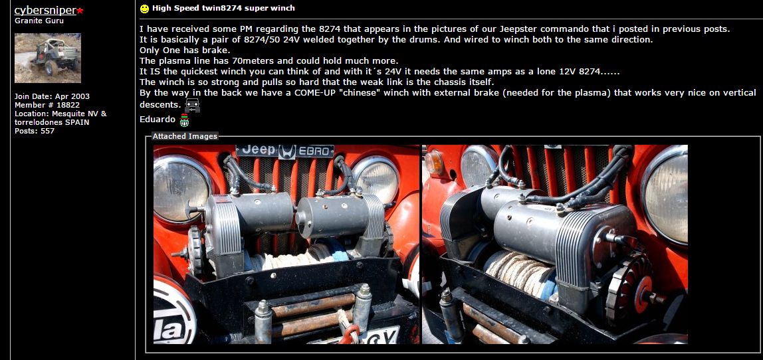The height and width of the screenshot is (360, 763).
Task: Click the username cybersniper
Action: pyautogui.click(x=45, y=11)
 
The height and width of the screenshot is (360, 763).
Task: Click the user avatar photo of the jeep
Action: pyautogui.click(x=47, y=58)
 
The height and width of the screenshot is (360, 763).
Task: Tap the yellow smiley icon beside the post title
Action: pyautogui.click(x=144, y=9)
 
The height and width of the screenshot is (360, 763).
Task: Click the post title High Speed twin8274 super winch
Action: pyautogui.click(x=223, y=8)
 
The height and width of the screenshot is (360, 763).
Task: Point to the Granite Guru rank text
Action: pyautogui.click(x=39, y=21)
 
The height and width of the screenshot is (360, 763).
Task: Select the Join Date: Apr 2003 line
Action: pyautogui.click(x=52, y=96)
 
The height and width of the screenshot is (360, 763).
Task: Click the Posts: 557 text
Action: pyautogui.click(x=35, y=131)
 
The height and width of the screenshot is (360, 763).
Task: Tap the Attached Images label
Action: pyautogui.click(x=185, y=136)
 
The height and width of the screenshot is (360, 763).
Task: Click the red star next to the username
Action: pyautogui.click(x=80, y=11)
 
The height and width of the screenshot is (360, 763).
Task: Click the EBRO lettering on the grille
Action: pyautogui.click(x=315, y=151)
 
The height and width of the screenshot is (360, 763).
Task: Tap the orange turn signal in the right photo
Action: pyautogui.click(x=435, y=163)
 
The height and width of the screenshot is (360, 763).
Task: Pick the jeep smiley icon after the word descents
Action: pyautogui.click(x=192, y=105)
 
